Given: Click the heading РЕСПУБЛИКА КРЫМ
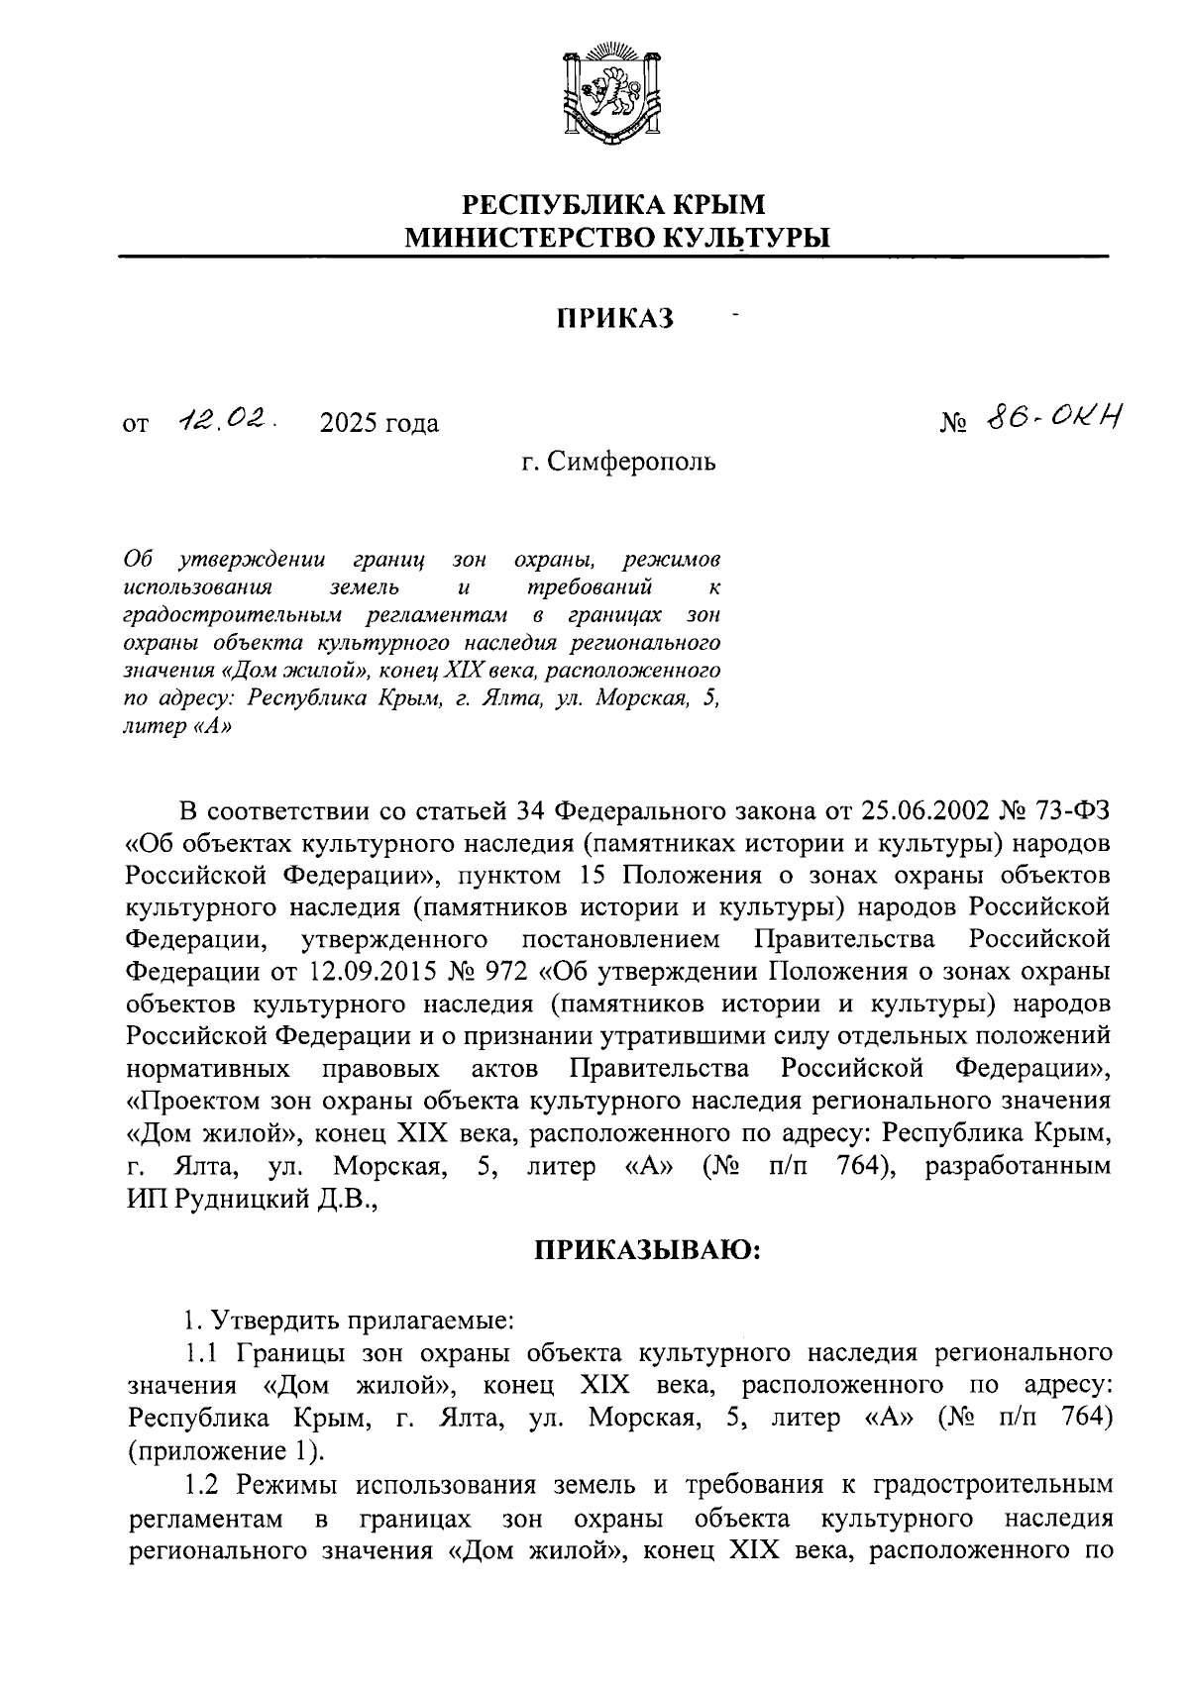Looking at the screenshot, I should click(x=616, y=205).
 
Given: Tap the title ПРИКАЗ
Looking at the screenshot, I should click(x=614, y=319).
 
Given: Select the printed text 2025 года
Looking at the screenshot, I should click(x=379, y=424).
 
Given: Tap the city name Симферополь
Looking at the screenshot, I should click(x=632, y=462).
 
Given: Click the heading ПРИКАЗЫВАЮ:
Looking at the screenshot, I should click(x=647, y=1250).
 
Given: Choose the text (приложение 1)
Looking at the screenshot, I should click(x=224, y=1451).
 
